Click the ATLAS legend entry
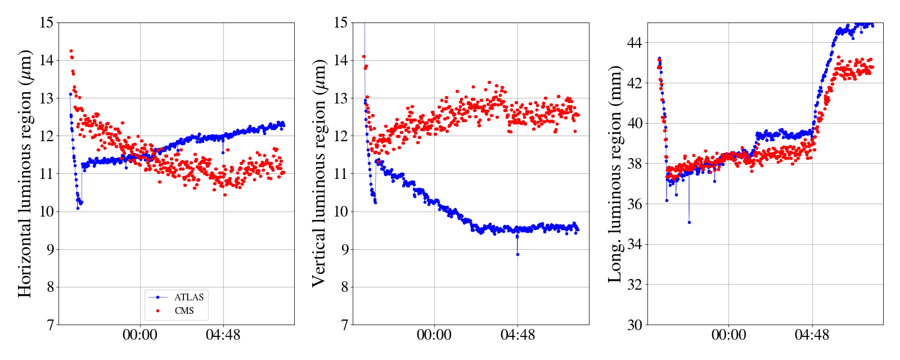click(x=188, y=297)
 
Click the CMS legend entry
click(x=184, y=310)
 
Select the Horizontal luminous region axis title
click(x=25, y=173)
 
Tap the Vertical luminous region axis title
click(x=318, y=173)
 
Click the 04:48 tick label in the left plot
click(x=223, y=335)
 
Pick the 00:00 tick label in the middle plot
click(x=434, y=335)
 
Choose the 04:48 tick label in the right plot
click(x=812, y=335)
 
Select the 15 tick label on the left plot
click(x=47, y=23)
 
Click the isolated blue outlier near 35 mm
click(x=689, y=222)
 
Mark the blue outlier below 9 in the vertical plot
click(x=517, y=254)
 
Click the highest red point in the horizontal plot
click(x=71, y=51)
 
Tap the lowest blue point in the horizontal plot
click(x=78, y=208)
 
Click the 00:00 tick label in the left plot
click(x=139, y=335)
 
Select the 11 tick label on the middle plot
click(x=340, y=174)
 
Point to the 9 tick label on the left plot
click(x=50, y=249)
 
